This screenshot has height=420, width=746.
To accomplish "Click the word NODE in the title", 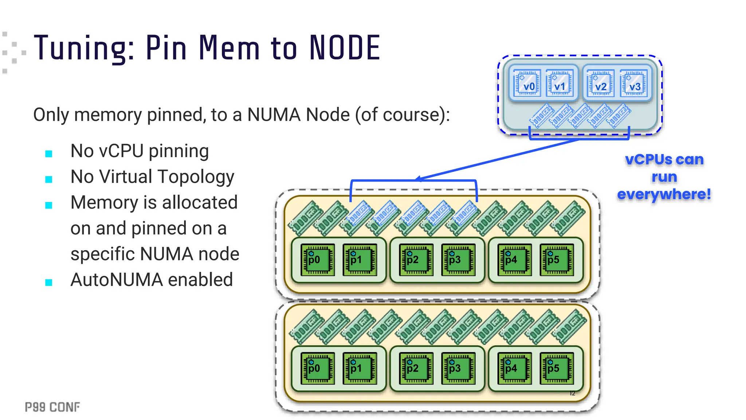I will (344, 48).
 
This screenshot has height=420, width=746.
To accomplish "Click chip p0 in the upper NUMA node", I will (317, 260).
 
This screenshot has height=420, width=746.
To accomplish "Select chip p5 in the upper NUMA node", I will (556, 260).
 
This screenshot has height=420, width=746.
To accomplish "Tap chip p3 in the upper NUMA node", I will (458, 260).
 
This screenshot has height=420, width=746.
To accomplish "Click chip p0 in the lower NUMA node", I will (317, 369).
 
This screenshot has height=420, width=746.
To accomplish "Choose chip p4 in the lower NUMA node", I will (514, 369).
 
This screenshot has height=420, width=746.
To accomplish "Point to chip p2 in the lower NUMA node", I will (416, 369).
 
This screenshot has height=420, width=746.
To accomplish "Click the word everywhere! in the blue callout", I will (664, 194).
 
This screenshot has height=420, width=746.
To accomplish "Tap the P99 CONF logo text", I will (52, 407).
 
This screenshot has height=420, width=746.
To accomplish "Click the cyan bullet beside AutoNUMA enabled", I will (49, 283).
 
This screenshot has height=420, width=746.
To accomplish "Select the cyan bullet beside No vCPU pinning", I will (49, 154).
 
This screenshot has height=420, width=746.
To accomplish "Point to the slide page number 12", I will (572, 393).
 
